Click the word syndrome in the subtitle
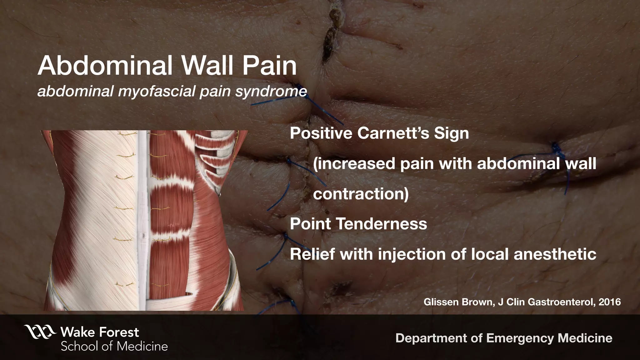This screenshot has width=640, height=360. point(271,92)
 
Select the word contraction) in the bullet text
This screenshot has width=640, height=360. point(361,194)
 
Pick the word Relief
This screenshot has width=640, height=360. point(312,254)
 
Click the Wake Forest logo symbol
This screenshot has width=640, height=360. point(40,332)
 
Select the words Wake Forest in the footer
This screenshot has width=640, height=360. point(100,332)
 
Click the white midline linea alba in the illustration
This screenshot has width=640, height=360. point(142,219)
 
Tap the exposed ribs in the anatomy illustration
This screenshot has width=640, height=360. point(219,153)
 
